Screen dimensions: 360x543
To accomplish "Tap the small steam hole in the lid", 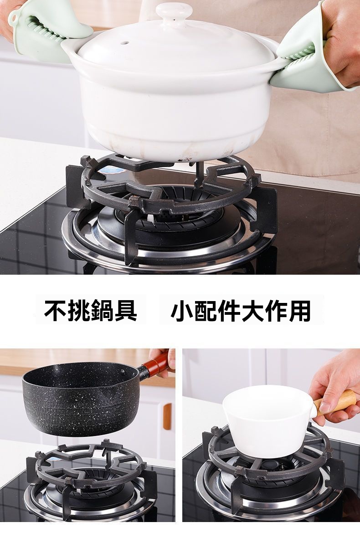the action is coord(124,43).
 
